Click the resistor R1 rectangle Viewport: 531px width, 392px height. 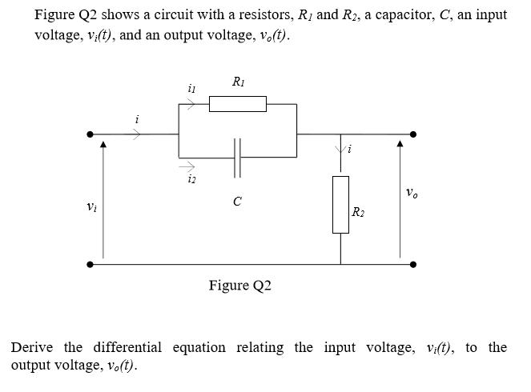coord(237,104)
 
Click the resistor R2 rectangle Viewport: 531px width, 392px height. coord(340,205)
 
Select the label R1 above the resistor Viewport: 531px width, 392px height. coord(238,82)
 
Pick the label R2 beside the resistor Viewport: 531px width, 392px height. coord(359,212)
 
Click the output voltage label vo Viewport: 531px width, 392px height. coord(411,193)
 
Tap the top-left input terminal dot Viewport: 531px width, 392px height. coord(91,134)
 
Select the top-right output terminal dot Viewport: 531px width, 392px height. coord(412,134)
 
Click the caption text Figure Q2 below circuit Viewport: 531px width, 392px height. coord(239,286)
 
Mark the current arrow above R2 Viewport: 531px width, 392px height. coord(340,149)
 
